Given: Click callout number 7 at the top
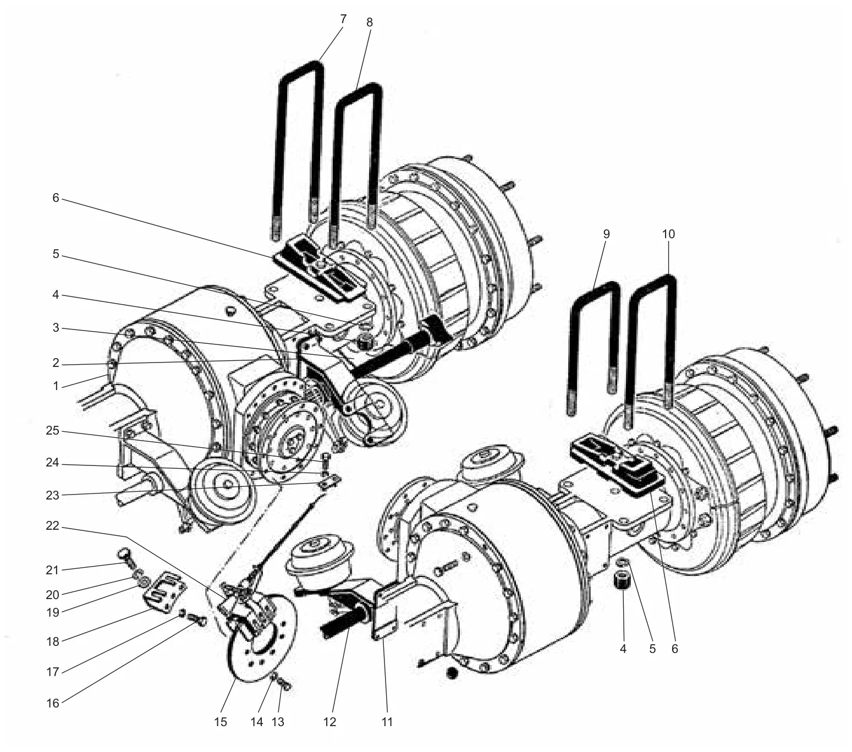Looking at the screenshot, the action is (343, 19).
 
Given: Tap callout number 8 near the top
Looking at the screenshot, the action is (370, 23).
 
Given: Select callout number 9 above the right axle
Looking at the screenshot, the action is (606, 234).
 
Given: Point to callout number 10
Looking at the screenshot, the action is (668, 234).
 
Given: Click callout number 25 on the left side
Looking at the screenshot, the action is (53, 431).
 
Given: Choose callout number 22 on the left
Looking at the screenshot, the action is (53, 526).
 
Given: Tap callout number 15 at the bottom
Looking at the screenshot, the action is (221, 722).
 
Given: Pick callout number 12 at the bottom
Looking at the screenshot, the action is (329, 722).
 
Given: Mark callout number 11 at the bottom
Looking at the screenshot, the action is (387, 722).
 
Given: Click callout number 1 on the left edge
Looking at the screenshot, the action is (56, 386).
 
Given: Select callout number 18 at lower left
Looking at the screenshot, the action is (53, 641).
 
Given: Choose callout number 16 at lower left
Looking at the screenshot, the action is (53, 703).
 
